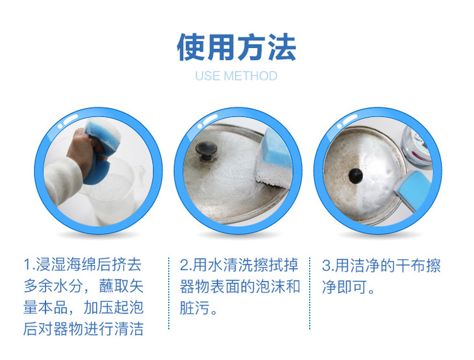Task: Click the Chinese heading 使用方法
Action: click(236, 47)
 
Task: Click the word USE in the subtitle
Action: click(207, 76)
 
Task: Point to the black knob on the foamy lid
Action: click(206, 150)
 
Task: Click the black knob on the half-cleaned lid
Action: click(356, 175)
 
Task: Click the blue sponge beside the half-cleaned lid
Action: click(413, 188)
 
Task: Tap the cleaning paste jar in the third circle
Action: click(417, 146)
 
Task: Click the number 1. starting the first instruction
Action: click(29, 264)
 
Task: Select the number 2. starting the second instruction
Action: click(186, 264)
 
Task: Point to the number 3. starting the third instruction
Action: click(328, 265)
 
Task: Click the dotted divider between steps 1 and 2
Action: click(169, 294)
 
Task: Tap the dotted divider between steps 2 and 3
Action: click(310, 294)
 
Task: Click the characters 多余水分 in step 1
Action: click(53, 286)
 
